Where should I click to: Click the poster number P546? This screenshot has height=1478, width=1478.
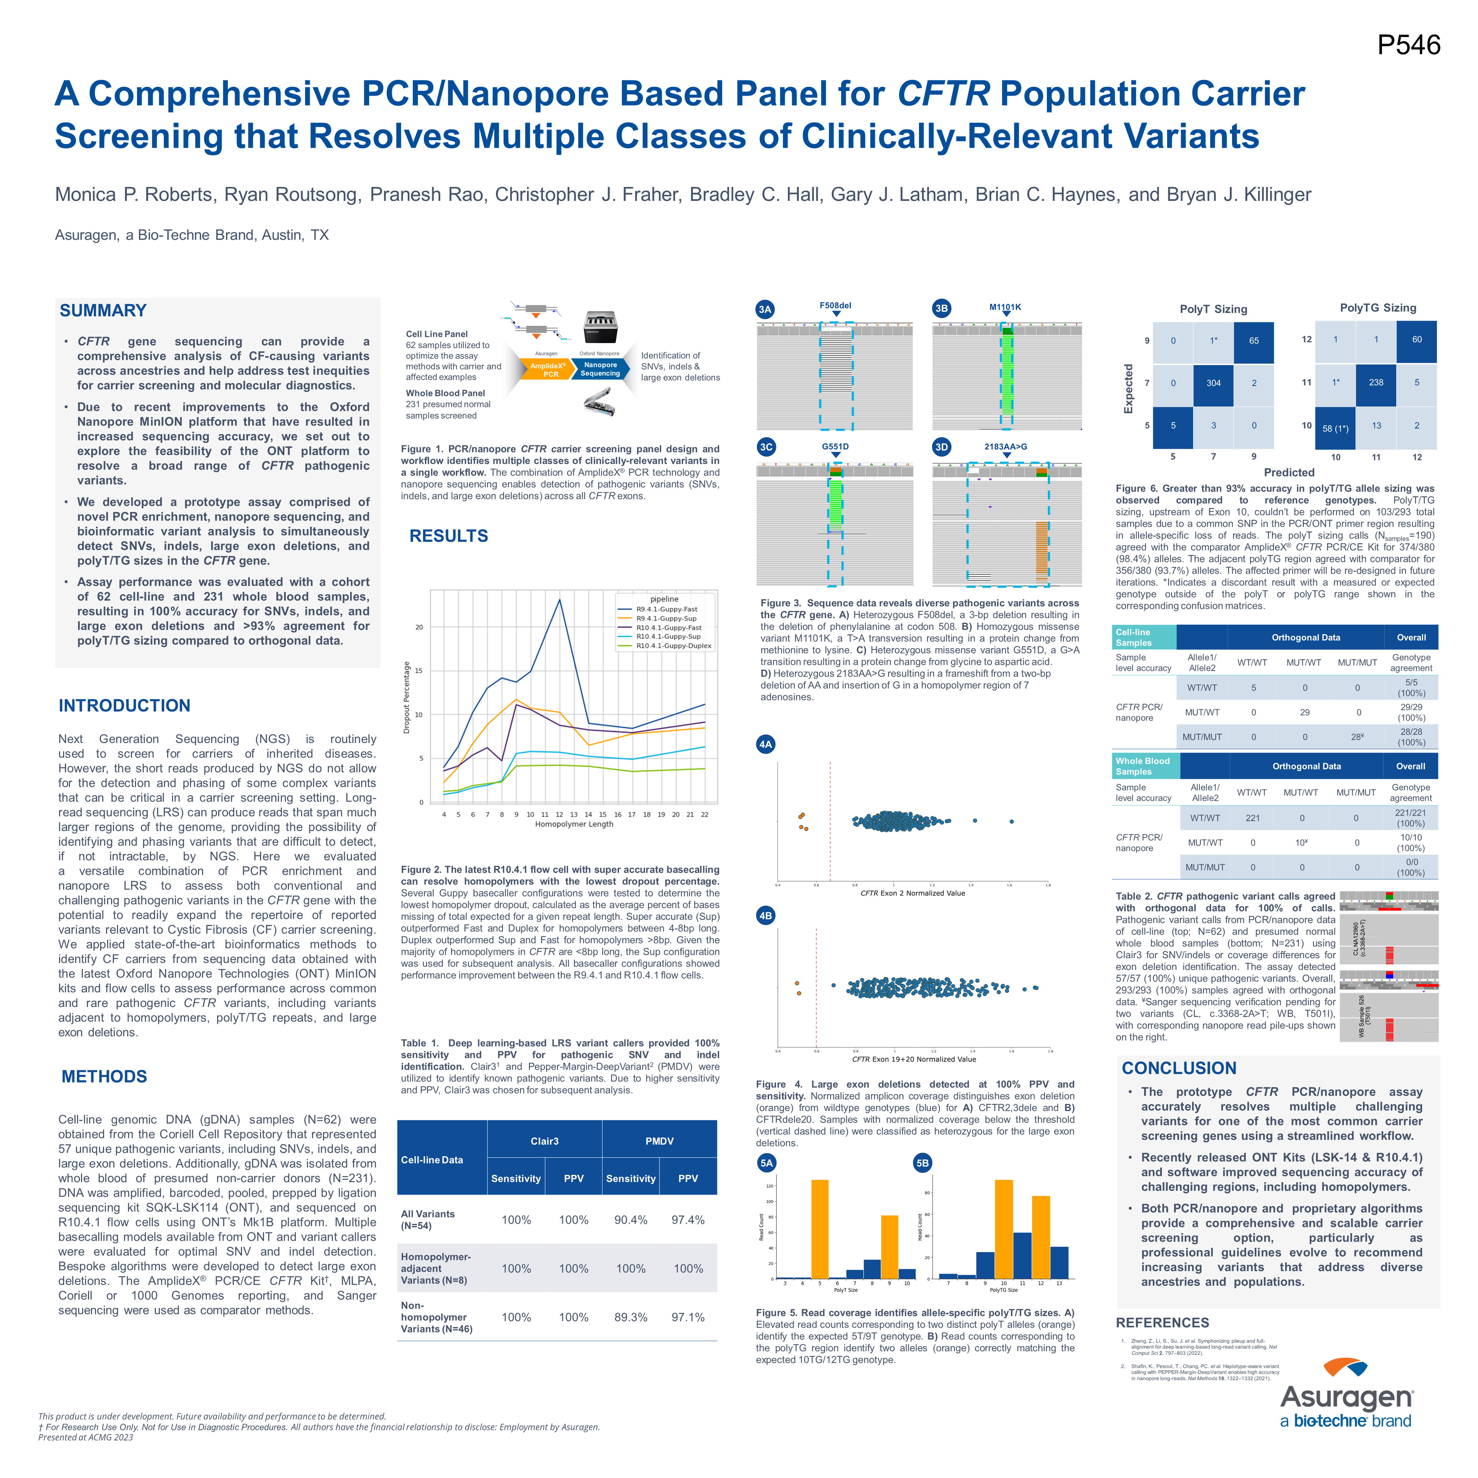click(1408, 45)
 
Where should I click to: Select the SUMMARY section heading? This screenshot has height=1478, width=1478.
click(103, 310)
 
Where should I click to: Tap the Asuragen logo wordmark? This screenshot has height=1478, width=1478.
click(1346, 1397)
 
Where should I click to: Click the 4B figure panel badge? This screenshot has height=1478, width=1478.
click(765, 916)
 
